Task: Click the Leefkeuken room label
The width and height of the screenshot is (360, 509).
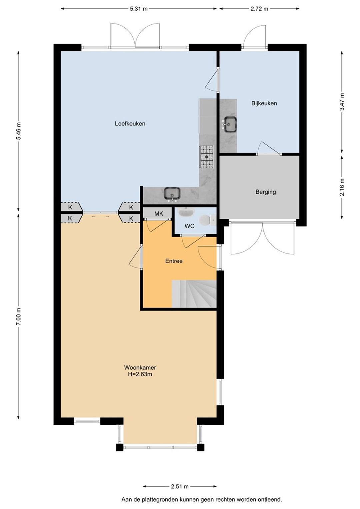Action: pos(130,124)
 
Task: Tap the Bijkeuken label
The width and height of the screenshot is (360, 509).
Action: pos(264,103)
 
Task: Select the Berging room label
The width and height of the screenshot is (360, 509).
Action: pos(266,192)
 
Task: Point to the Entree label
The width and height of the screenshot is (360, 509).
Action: pos(174,261)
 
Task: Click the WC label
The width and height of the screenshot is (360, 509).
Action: pos(189,226)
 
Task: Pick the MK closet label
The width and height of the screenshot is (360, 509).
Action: pos(159,214)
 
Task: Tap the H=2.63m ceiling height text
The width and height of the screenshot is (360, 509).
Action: pos(140,374)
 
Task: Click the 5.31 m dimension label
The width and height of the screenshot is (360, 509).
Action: pos(139,9)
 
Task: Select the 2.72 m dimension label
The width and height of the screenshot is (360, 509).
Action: pos(259,9)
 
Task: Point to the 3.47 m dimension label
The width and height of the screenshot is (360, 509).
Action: pos(342,102)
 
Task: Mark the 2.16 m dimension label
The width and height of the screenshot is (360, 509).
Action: pos(342,187)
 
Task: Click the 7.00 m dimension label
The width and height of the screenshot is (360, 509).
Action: pos(18,316)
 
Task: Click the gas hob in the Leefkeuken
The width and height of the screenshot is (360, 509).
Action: pos(207,157)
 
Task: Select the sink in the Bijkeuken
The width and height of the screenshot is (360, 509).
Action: pos(230,124)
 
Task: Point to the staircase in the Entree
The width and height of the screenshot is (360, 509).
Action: pos(194,294)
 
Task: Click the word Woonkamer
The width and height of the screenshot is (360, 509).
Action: pos(140,367)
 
